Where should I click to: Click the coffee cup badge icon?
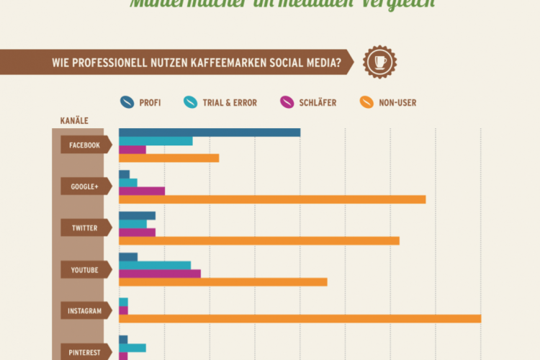pyautogui.click(x=379, y=62)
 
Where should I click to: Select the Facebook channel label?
pyautogui.click(x=85, y=145)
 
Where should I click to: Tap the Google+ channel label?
pyautogui.click(x=85, y=186)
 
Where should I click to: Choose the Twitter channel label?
pyautogui.click(x=85, y=228)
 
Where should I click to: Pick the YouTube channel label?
pyautogui.click(x=85, y=270)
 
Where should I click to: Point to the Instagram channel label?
pyautogui.click(x=85, y=312)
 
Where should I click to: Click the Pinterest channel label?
pyautogui.click(x=85, y=352)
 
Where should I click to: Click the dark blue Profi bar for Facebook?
pyautogui.click(x=209, y=132)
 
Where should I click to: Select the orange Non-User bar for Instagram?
pyautogui.click(x=300, y=319)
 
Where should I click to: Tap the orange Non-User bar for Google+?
pyautogui.click(x=272, y=199)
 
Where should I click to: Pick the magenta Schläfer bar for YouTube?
pyautogui.click(x=159, y=274)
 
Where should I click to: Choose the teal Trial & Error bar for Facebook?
pyautogui.click(x=156, y=141)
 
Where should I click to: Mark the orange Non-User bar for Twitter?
pyautogui.click(x=258, y=240)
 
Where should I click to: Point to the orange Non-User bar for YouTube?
pyautogui.click(x=222, y=282)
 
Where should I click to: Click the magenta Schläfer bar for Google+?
pyautogui.click(x=142, y=191)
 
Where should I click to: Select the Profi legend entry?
pyautogui.click(x=141, y=102)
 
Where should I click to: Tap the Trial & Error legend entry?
pyautogui.click(x=220, y=102)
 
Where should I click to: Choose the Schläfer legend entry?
pyautogui.click(x=307, y=102)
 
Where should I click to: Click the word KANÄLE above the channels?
pyautogui.click(x=75, y=121)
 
